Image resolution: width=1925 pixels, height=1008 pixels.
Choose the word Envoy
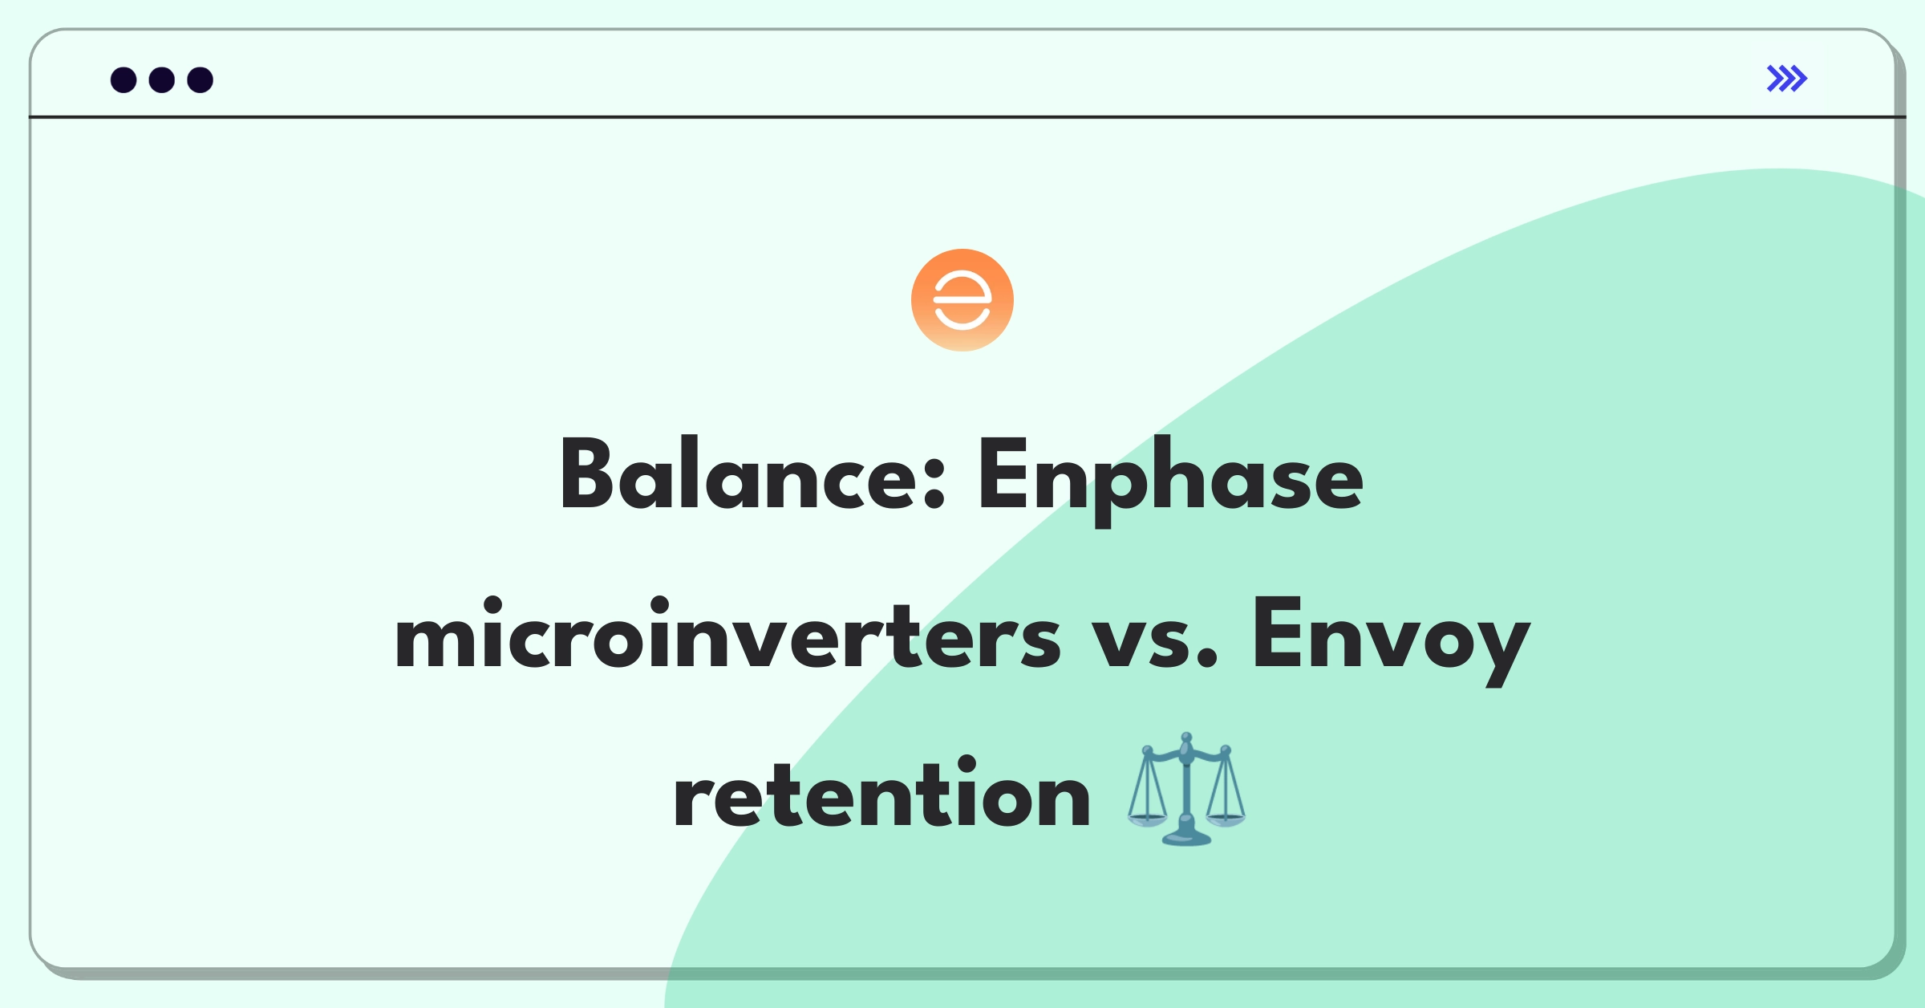pos(1391,641)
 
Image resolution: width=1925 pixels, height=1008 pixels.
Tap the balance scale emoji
pos(1186,789)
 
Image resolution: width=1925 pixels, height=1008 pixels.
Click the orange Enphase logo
pos(962,300)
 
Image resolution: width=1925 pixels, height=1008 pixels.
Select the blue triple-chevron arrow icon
pos(1787,79)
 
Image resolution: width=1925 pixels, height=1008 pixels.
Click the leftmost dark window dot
pos(124,80)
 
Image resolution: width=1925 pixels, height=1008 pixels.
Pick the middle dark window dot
pos(162,80)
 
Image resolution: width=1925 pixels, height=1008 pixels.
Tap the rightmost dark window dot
pos(201,80)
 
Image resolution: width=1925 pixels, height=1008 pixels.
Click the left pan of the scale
pos(1147,820)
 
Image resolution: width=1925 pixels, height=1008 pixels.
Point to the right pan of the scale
pos(1226,820)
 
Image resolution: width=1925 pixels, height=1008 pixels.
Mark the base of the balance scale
pos(1186,838)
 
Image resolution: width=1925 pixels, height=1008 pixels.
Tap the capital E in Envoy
pos(1279,634)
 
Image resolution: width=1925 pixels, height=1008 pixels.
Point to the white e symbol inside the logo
pos(962,300)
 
